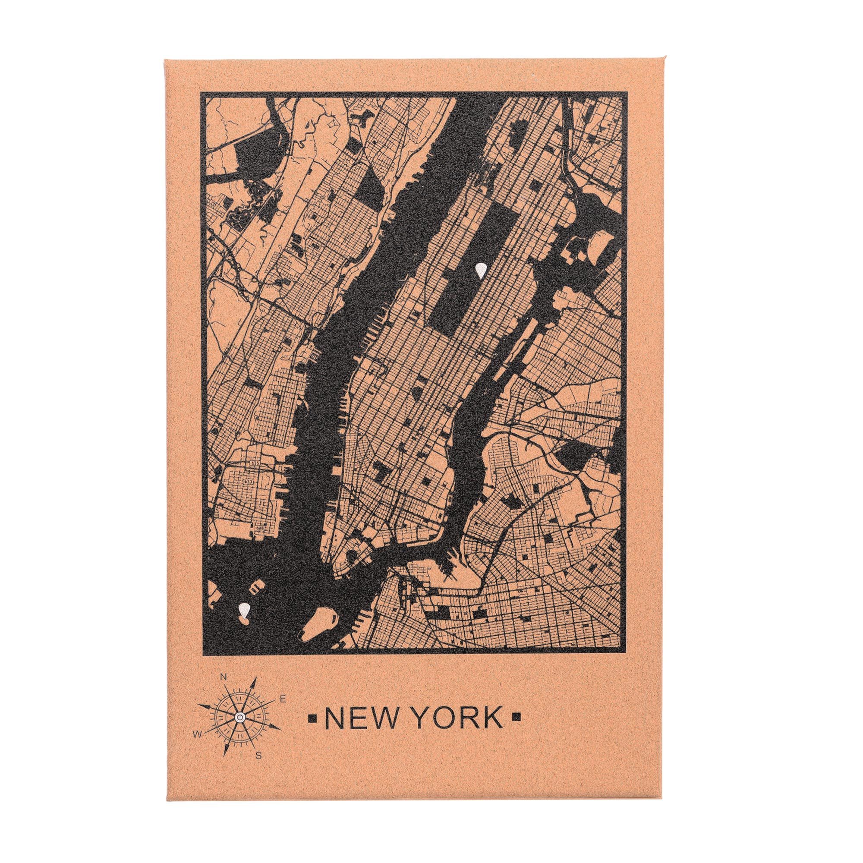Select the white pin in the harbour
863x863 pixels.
(243, 611)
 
